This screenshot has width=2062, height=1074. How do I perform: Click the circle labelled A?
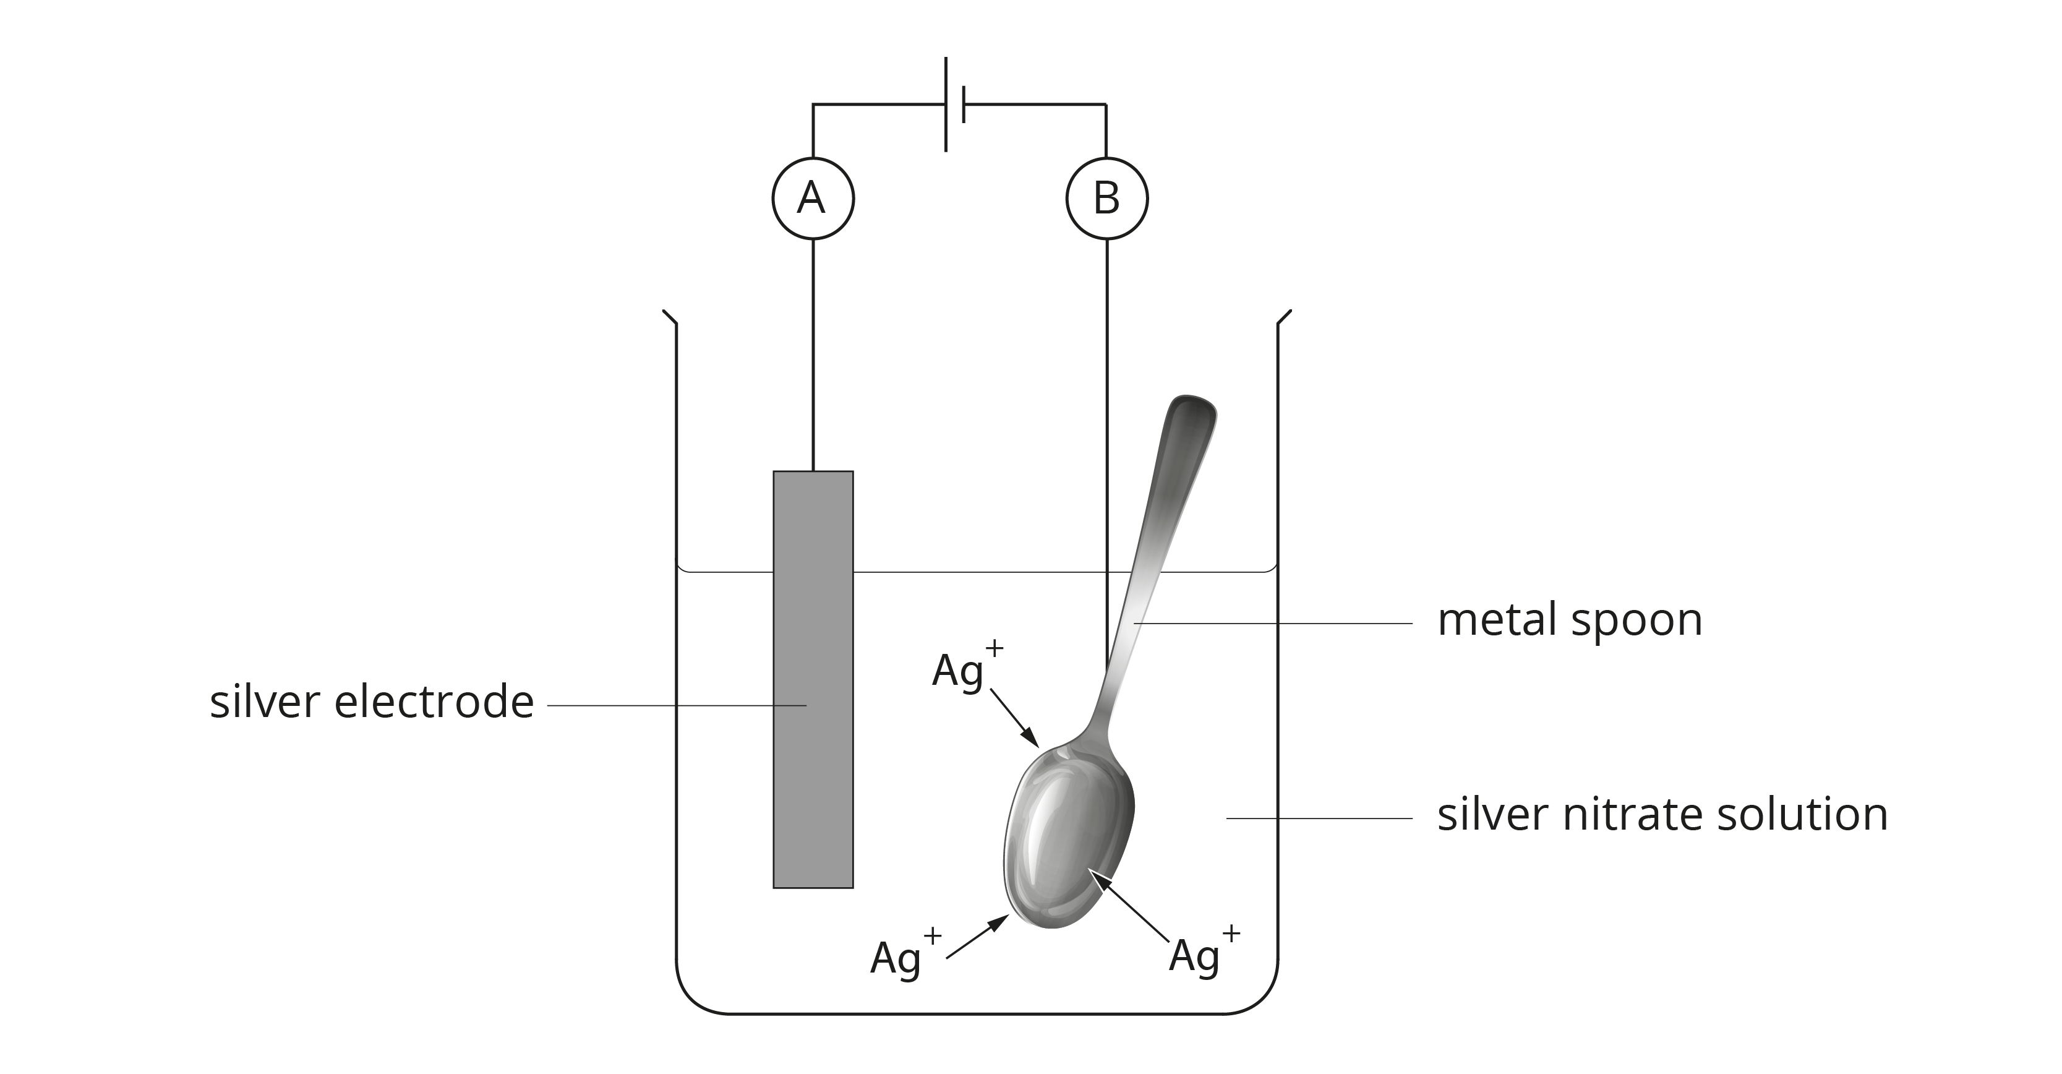pos(813,199)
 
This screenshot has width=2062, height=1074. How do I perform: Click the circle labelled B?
pos(1106,199)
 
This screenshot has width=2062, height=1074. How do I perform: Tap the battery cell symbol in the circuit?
pos(954,104)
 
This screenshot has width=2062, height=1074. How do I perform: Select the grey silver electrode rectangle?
pos(813,681)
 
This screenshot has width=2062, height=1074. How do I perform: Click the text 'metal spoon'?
pos(1569,621)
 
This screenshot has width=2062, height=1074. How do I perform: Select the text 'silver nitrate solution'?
pos(1662,815)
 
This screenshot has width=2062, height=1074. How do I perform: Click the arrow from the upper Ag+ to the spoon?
pos(1014,718)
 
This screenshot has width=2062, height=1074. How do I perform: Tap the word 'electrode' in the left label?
pos(433,702)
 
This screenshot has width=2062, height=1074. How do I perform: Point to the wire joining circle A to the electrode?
pos(813,353)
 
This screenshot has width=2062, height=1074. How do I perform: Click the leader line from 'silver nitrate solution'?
pos(1319,818)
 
